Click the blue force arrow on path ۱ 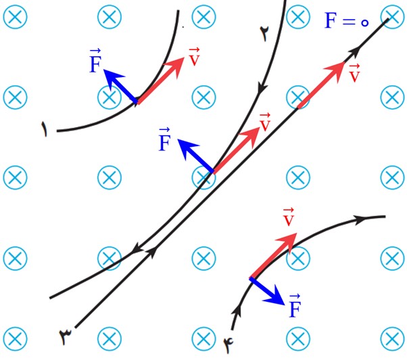click(x=120, y=86)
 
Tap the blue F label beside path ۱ click(x=95, y=61)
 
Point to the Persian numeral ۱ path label click(x=45, y=129)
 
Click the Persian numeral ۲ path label click(x=265, y=34)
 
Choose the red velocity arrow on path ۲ click(x=236, y=150)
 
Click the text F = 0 click(x=347, y=20)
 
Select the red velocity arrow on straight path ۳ click(x=321, y=85)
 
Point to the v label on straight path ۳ click(x=354, y=73)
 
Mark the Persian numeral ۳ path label click(x=65, y=336)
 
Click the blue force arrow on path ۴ click(x=267, y=291)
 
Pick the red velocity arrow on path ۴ click(x=273, y=256)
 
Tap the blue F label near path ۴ click(x=295, y=306)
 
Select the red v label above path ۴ click(x=289, y=217)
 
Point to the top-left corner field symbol click(x=15, y=17)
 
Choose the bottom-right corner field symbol click(x=392, y=339)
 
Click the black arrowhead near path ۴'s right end click(x=360, y=220)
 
